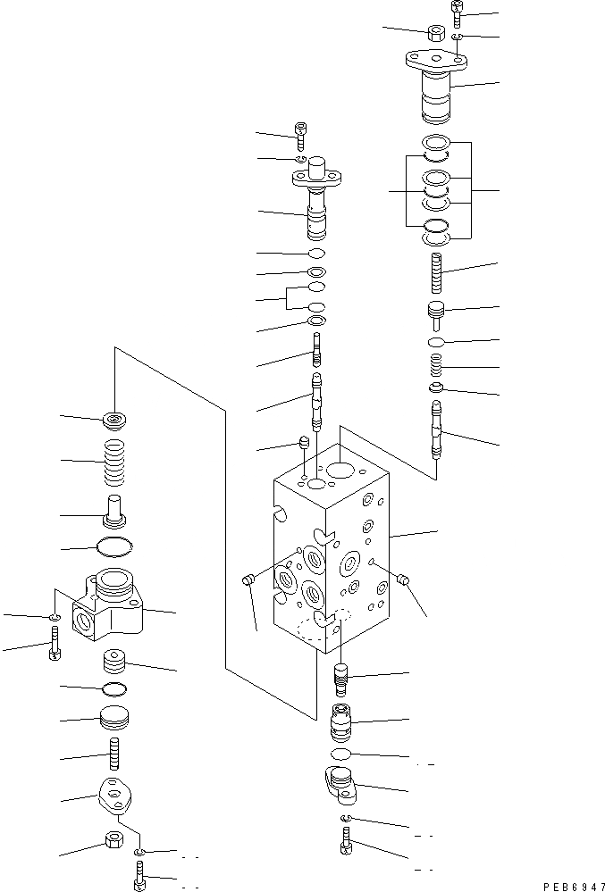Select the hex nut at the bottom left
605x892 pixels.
tap(114, 841)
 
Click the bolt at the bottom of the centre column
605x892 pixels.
tap(346, 840)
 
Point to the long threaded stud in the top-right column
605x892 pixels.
tap(436, 271)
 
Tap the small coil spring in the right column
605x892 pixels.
tap(435, 366)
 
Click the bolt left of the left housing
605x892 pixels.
tap(55, 642)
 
